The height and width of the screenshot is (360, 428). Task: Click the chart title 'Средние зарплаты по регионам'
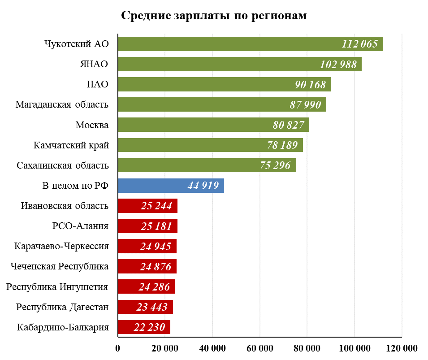214,16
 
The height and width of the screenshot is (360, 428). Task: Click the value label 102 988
338,65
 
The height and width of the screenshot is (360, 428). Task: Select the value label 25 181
156,226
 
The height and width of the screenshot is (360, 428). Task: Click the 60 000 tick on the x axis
260,348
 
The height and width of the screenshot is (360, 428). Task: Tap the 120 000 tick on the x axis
402,348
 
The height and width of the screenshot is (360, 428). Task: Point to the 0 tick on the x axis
118,348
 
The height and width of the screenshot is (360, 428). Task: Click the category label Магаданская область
62,105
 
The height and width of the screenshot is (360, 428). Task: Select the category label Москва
92,125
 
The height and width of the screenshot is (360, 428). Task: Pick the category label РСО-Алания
81,226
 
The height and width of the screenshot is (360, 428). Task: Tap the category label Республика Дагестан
63,307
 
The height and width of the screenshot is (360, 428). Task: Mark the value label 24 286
155,287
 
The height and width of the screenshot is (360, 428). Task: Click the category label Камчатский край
71,145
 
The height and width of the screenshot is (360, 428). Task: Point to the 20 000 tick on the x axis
165,348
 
